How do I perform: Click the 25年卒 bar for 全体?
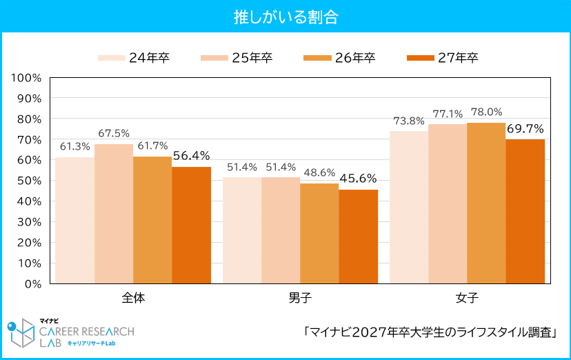(x=114, y=214)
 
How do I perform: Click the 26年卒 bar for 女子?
(x=486, y=203)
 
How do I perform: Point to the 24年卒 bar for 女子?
(x=409, y=207)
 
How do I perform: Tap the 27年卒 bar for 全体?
(x=191, y=225)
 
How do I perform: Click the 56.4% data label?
(x=191, y=155)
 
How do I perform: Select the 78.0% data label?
(x=486, y=112)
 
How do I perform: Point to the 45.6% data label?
(x=358, y=178)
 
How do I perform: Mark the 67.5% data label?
(x=114, y=132)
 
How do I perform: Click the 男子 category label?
(x=300, y=299)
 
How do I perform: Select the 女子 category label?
(x=467, y=299)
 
